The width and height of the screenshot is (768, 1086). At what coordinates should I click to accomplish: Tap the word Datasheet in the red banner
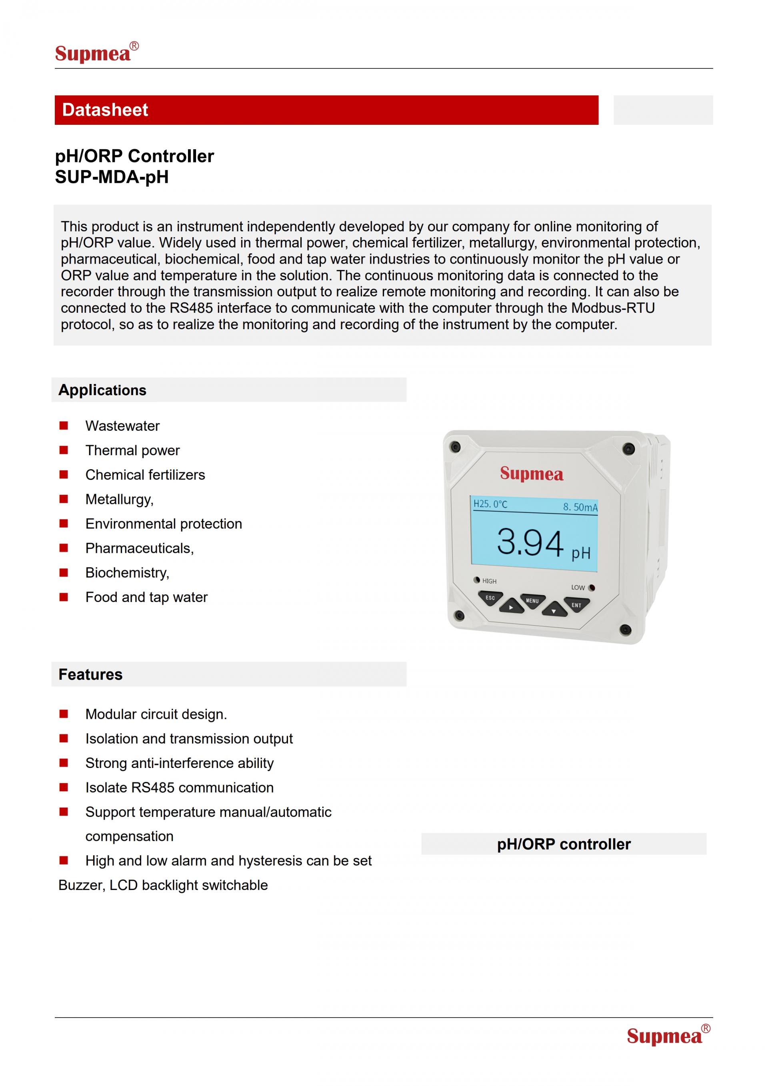click(x=105, y=110)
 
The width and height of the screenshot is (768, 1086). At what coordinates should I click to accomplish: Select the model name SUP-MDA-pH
click(x=112, y=177)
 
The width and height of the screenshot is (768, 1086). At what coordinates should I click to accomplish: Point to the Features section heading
click(x=90, y=674)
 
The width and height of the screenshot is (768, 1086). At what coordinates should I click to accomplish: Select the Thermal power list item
click(x=132, y=450)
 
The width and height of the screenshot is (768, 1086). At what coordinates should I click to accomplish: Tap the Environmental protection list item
click(x=164, y=524)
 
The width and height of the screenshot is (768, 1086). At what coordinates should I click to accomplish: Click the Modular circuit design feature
click(x=156, y=714)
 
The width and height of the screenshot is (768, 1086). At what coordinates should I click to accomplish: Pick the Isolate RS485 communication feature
click(x=179, y=788)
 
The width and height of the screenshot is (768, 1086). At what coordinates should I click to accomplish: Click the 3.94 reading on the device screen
click(x=530, y=542)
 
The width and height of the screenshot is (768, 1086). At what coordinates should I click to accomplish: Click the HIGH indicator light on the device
click(x=477, y=580)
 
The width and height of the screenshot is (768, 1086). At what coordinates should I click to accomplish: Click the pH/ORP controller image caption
click(x=564, y=844)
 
